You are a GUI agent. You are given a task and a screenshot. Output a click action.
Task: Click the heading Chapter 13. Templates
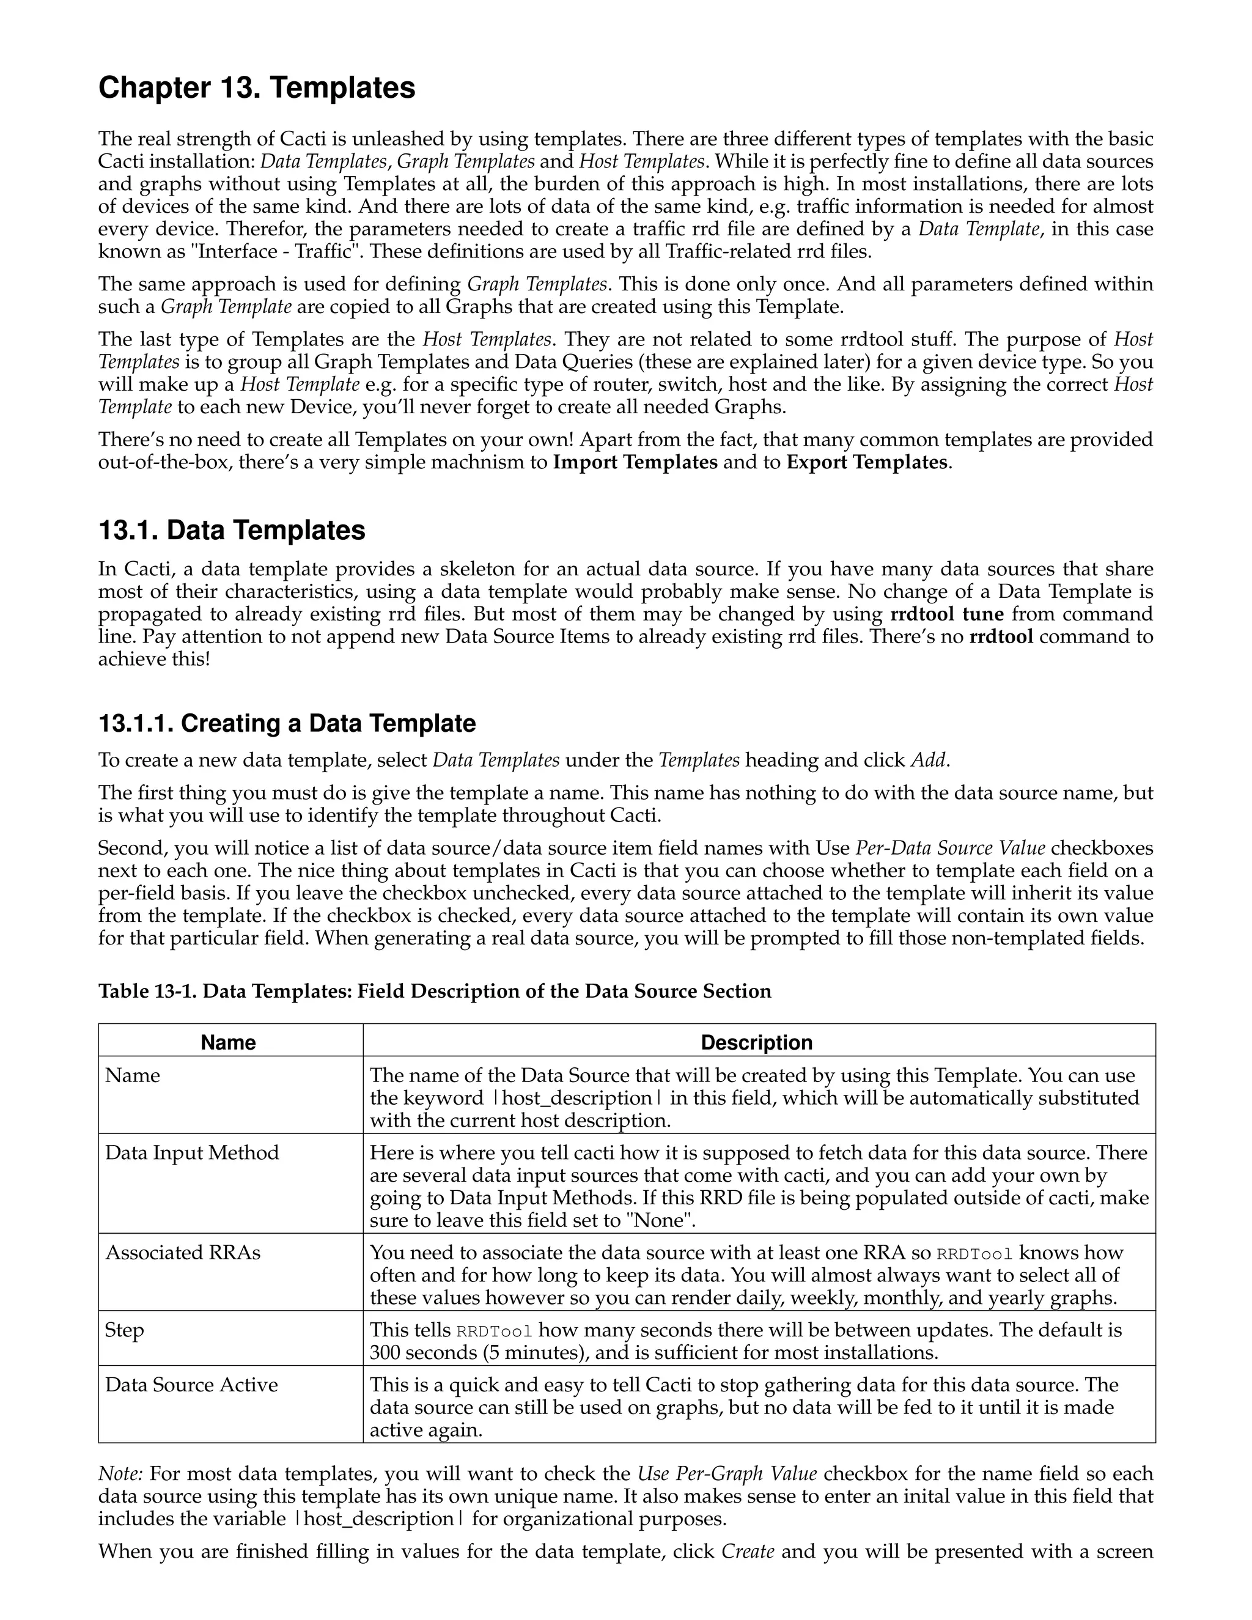[257, 88]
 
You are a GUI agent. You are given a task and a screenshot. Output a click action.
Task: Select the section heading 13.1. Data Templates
[232, 531]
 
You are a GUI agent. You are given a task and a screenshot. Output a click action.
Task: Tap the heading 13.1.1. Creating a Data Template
[287, 723]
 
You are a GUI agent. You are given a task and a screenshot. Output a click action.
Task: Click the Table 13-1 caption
[435, 991]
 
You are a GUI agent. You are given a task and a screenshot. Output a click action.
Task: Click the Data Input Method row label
[192, 1153]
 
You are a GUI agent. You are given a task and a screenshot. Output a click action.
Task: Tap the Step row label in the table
[124, 1330]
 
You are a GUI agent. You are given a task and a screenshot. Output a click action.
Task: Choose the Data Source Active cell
[191, 1385]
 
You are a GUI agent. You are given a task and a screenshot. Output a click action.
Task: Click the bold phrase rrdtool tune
[946, 614]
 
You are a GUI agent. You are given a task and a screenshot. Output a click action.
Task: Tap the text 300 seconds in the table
[423, 1353]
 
